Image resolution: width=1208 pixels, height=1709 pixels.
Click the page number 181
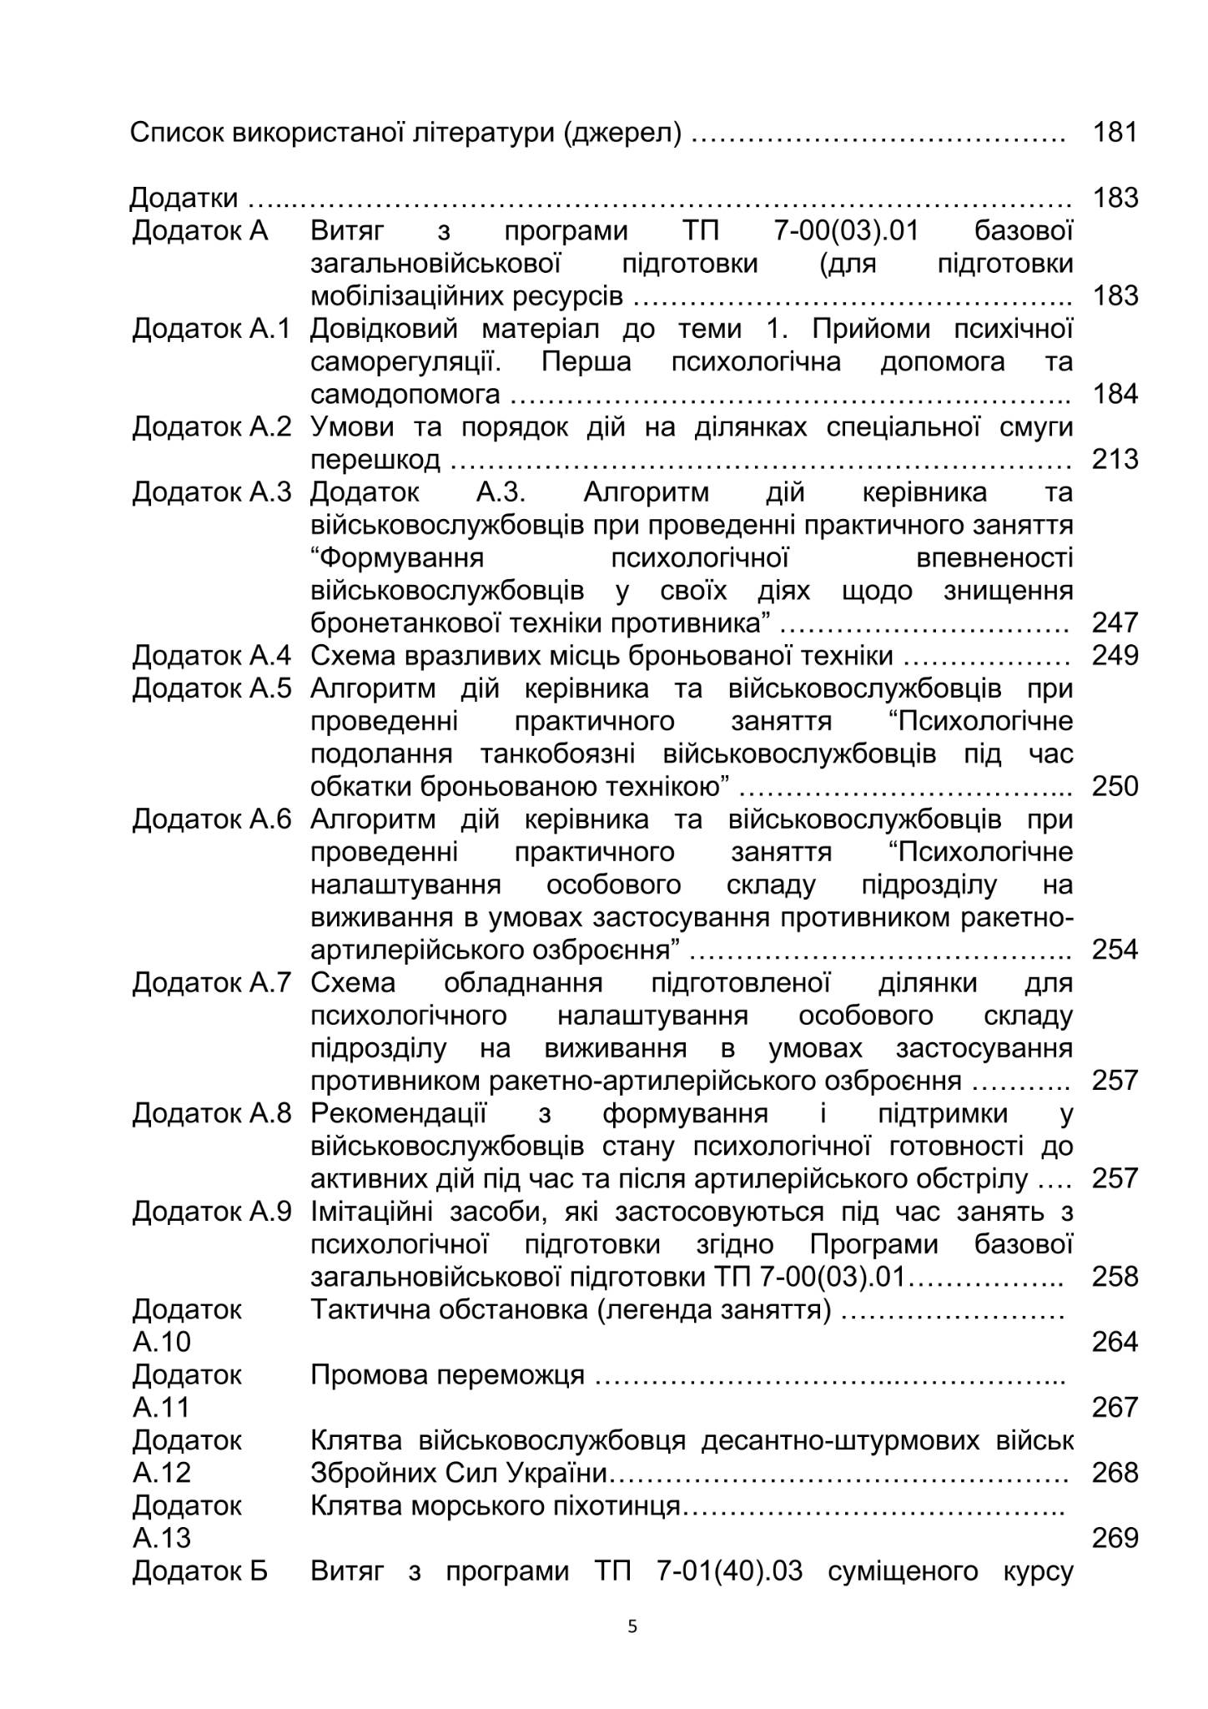coord(1115,132)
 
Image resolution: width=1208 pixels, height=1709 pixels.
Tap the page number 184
coord(1115,394)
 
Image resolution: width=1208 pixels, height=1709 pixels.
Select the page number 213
coord(1115,459)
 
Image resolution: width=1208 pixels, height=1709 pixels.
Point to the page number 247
coord(1115,623)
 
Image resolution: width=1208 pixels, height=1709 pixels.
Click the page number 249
coord(1115,655)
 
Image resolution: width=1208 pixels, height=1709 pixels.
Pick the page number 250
coord(1115,786)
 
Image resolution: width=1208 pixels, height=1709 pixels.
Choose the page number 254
coord(1115,950)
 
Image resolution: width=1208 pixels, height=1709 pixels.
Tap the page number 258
coord(1115,1277)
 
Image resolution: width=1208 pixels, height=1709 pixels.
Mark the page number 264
coord(1115,1342)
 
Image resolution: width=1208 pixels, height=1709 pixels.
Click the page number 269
coord(1115,1538)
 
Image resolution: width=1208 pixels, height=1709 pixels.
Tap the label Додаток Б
coord(200,1571)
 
